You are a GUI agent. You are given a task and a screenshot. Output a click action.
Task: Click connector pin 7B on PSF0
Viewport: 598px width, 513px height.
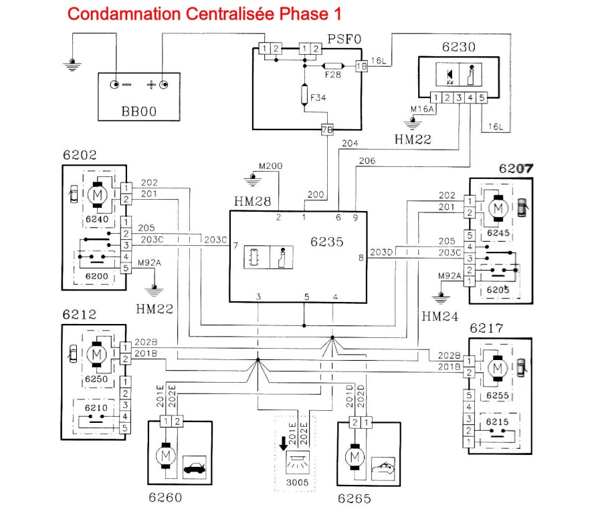coord(327,130)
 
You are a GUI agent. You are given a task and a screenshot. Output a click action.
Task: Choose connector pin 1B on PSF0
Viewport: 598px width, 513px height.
coord(361,66)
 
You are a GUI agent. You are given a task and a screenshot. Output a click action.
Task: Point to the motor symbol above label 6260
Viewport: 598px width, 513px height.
coord(164,456)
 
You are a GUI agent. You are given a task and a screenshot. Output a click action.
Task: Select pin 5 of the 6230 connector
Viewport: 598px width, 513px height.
coord(482,98)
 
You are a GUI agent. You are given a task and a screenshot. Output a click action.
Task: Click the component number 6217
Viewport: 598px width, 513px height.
coord(487,329)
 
